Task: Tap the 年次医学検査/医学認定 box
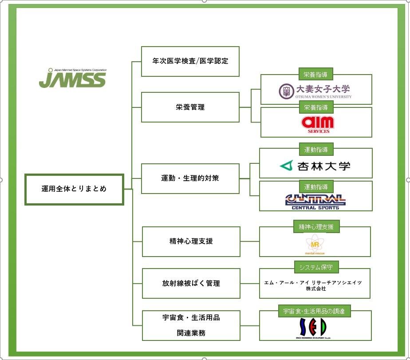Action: [x=190, y=61]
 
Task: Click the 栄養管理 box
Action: [x=190, y=107]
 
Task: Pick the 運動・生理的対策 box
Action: [x=190, y=178]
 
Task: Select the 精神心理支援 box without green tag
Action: [x=191, y=241]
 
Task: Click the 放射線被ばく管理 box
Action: [x=191, y=283]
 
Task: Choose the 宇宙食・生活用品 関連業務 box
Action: [x=191, y=325]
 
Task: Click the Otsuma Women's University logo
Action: [x=315, y=91]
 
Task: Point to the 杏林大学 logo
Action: [x=315, y=166]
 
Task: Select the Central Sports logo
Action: [x=315, y=201]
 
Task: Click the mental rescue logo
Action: [x=315, y=245]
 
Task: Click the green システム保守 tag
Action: [x=316, y=267]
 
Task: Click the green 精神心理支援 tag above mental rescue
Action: [x=316, y=227]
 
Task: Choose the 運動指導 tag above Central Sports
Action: [x=316, y=187]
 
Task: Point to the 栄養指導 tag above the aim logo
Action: [x=316, y=107]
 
